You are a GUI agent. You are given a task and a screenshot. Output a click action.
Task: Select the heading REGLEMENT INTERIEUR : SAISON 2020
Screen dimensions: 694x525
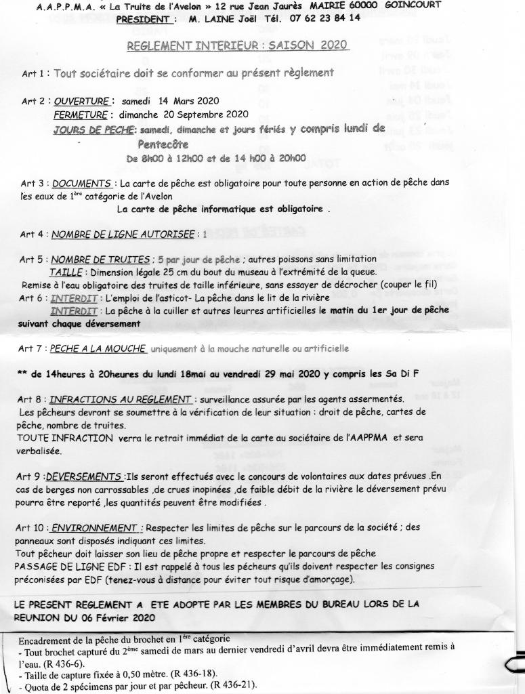pyautogui.click(x=238, y=45)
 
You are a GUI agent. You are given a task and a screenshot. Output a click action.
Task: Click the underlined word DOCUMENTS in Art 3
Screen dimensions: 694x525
pyautogui.click(x=82, y=183)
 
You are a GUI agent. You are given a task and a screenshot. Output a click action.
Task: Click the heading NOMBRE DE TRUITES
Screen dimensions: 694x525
pyautogui.click(x=101, y=260)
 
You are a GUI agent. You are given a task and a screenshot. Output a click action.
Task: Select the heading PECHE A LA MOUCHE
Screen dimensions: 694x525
pyautogui.click(x=98, y=348)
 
